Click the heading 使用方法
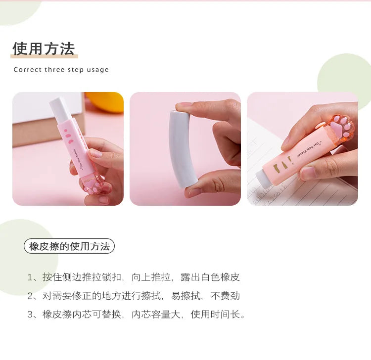[x=44, y=49]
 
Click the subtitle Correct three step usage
[x=61, y=70]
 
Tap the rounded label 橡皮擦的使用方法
[x=69, y=246]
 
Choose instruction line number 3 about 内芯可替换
[x=137, y=314]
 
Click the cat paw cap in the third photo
[x=343, y=127]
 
